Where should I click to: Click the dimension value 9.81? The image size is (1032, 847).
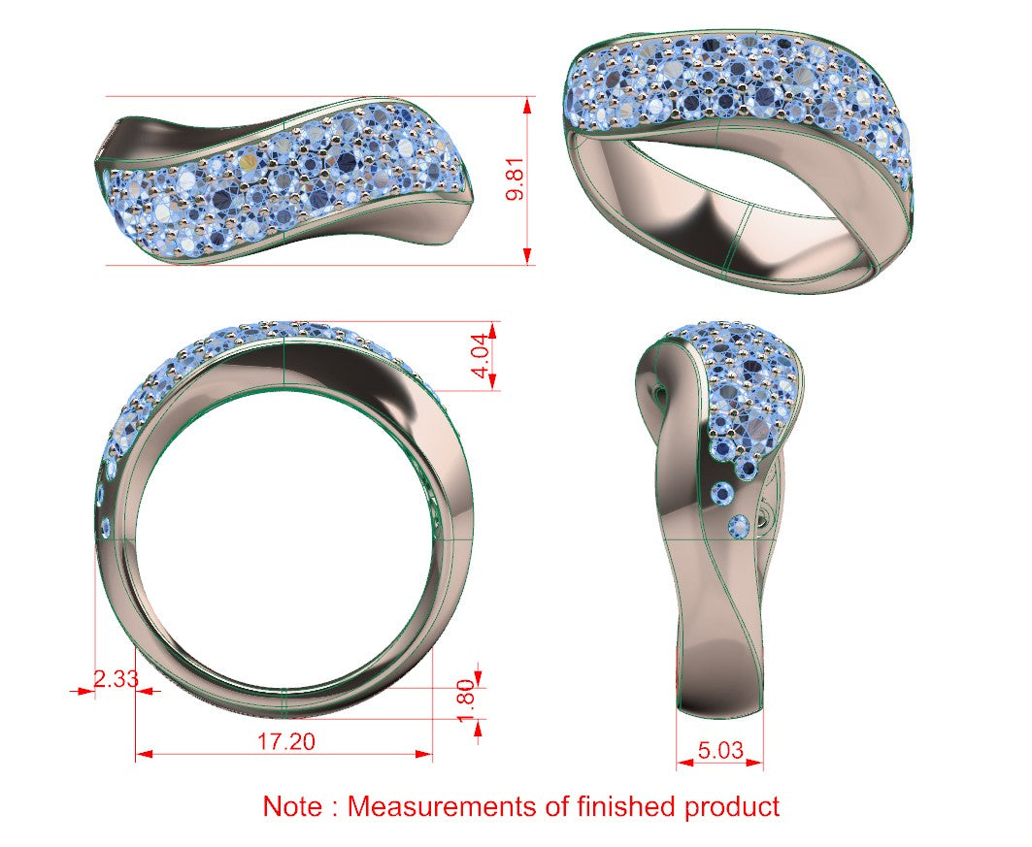[x=516, y=179]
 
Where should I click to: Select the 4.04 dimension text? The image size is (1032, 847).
[x=483, y=356]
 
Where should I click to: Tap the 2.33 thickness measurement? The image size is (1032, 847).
[x=116, y=678]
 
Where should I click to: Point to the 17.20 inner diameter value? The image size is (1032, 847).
[x=285, y=741]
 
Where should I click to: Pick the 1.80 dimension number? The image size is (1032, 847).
[x=465, y=700]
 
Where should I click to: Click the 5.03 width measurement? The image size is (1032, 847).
[x=720, y=750]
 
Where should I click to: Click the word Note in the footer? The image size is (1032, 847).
[x=293, y=806]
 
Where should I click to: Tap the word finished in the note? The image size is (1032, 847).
[x=626, y=806]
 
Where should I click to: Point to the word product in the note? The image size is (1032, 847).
[x=732, y=808]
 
